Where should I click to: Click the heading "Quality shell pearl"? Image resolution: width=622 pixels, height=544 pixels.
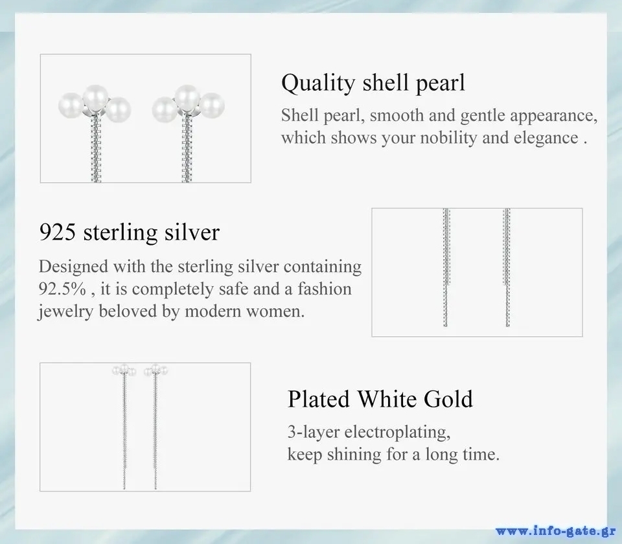[373, 84]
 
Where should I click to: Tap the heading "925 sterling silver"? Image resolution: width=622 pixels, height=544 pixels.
[130, 232]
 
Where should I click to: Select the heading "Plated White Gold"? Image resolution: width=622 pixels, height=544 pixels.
[380, 398]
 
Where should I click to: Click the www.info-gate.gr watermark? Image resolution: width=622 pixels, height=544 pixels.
[555, 531]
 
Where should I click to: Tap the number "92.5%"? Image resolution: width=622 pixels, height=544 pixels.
[62, 289]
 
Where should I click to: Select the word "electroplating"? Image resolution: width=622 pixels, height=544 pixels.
[397, 432]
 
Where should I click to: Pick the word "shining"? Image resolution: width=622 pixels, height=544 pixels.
[354, 455]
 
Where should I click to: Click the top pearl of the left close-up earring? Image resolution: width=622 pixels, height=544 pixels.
[95, 96]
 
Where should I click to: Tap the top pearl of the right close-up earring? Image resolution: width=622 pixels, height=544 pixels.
[187, 96]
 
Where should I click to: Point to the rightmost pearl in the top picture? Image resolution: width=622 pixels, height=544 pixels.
[212, 105]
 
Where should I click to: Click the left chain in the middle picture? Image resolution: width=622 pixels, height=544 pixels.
[446, 267]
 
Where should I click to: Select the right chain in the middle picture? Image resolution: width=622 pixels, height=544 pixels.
[507, 267]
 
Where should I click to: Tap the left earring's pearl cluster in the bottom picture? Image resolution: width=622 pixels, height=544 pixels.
[124, 370]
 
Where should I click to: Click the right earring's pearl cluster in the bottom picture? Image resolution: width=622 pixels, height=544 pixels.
[156, 370]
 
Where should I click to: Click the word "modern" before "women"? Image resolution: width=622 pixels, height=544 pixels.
[213, 312]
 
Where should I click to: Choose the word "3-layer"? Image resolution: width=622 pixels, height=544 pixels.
[314, 432]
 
